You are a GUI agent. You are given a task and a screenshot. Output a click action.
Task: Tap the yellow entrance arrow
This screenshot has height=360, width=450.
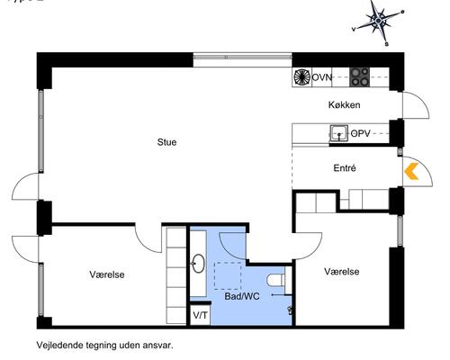point(413,172)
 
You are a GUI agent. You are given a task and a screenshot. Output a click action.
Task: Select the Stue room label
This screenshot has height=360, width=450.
point(166,141)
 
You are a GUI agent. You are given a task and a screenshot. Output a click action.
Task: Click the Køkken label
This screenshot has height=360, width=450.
point(345,105)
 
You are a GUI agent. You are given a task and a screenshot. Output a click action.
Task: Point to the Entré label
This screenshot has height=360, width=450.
point(345,168)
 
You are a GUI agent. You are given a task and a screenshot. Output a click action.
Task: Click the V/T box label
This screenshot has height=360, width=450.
point(199,316)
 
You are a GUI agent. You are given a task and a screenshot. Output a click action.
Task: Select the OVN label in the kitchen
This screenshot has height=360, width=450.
point(322,77)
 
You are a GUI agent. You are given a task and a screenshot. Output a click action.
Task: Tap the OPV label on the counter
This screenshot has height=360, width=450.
point(361,133)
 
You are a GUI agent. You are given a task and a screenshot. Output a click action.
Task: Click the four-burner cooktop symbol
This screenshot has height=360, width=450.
point(360,76)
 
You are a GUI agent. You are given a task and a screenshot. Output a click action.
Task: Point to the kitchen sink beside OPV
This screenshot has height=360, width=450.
point(339,134)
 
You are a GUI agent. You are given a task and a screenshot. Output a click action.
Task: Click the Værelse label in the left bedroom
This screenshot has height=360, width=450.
point(107,274)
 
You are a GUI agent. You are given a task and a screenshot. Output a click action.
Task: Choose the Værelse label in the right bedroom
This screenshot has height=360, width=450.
point(342,271)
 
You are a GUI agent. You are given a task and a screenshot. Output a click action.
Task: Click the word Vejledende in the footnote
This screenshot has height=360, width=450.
point(59,345)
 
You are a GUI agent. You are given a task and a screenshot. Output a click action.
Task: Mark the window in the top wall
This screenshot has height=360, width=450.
point(243,58)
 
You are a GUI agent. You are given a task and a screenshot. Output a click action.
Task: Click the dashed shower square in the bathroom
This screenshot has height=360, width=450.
point(228,274)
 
